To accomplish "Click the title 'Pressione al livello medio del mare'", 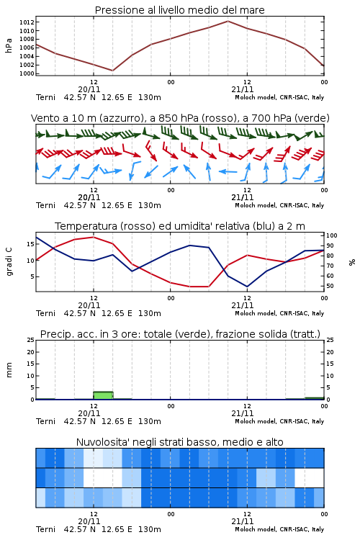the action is point(179,10).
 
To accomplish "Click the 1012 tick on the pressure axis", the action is point(27,22).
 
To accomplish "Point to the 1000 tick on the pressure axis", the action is point(27,73).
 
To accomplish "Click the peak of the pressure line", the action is point(228,21).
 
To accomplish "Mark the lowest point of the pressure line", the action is point(112,71).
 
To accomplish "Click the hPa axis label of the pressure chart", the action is point(9,45).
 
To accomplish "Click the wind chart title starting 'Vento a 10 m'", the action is point(180,118).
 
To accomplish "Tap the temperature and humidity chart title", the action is point(180,226).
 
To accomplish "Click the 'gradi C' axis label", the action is point(9,261).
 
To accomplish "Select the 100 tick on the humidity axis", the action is point(332,235).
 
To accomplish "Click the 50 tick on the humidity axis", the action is point(330,286).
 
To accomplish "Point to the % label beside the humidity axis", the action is point(352,262).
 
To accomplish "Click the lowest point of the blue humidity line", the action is point(247,287).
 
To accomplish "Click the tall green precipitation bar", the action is point(104,395).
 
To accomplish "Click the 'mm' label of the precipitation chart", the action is point(9,369).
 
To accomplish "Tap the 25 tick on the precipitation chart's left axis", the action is point(31,340).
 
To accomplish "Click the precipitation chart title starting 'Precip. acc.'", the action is point(180,334).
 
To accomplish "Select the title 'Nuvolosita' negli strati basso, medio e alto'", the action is point(179,442).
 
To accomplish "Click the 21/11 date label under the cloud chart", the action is point(242,521).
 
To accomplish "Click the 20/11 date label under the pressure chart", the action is point(89,89).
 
